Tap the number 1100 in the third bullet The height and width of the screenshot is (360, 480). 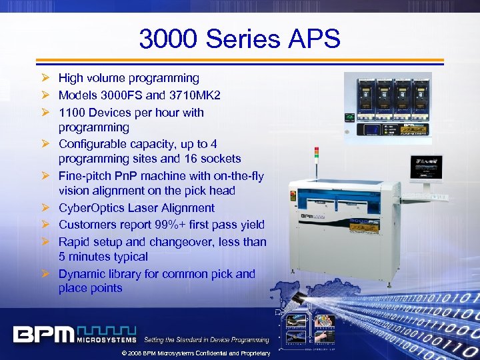pyautogui.click(x=72, y=113)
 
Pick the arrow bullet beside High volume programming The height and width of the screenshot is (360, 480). pyautogui.click(x=45, y=79)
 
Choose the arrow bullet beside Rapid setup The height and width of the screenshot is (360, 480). pyautogui.click(x=45, y=241)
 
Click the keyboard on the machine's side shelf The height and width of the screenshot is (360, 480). pyautogui.click(x=436, y=196)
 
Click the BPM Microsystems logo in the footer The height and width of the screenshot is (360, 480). pyautogui.click(x=74, y=334)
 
